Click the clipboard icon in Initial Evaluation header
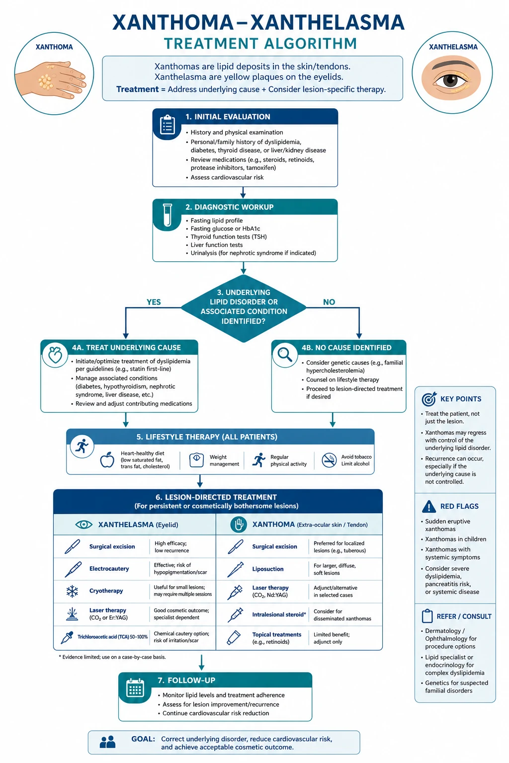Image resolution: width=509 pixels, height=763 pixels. click(168, 125)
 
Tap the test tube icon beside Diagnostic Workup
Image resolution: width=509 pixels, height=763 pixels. click(168, 215)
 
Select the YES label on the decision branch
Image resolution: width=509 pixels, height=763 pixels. click(154, 302)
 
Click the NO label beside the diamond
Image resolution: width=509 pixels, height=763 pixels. click(329, 302)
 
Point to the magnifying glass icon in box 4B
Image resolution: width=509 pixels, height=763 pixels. click(285, 355)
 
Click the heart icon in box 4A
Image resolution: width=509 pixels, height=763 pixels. click(55, 355)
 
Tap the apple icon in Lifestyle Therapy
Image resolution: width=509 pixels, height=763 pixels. click(107, 459)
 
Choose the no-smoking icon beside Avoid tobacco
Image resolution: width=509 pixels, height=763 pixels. click(329, 460)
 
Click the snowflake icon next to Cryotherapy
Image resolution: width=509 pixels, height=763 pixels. click(72, 591)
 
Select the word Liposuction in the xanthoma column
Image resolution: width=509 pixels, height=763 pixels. click(267, 569)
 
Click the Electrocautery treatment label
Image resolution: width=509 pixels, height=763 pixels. click(109, 568)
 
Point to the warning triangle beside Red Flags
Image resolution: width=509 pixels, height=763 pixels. click(428, 507)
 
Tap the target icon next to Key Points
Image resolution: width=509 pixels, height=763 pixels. click(429, 399)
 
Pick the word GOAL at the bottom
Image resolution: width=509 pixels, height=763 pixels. click(143, 739)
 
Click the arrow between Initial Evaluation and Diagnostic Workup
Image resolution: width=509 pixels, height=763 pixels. click(243, 192)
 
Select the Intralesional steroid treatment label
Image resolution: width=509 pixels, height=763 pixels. click(279, 614)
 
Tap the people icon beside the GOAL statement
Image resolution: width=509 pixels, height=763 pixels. click(107, 742)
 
